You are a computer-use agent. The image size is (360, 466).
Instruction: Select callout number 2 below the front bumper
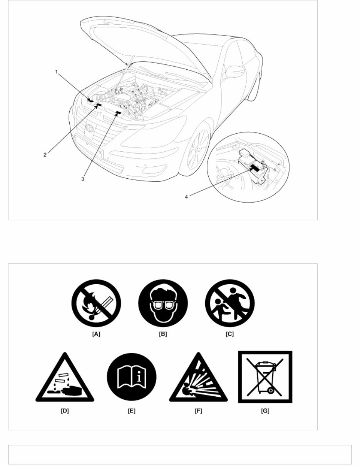45,155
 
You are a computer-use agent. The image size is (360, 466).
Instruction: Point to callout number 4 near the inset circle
186,196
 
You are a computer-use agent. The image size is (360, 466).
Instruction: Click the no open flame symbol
96,306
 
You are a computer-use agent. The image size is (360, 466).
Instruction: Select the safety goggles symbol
163,306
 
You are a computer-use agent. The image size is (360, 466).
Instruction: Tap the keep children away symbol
230,306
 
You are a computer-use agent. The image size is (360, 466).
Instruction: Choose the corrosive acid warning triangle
65,379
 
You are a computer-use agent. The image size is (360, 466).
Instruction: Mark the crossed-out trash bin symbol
265,377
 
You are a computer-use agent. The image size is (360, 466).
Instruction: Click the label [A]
96,334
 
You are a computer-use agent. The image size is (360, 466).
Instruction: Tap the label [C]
230,334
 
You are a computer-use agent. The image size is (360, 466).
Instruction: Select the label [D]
65,411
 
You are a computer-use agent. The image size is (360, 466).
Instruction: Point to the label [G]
265,411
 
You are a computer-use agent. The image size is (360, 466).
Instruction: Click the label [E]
132,411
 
